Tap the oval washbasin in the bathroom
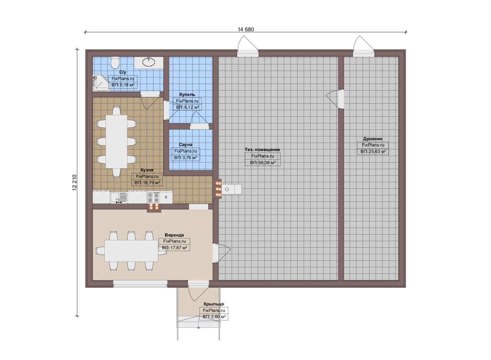pyautogui.click(x=149, y=62)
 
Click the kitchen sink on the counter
pyautogui.click(x=119, y=197)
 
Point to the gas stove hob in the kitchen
pyautogui.click(x=153, y=197)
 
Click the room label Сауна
pyautogui.click(x=186, y=145)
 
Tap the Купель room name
pyautogui.click(x=187, y=95)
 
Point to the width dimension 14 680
pyautogui.click(x=246, y=29)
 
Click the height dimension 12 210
pyautogui.click(x=75, y=183)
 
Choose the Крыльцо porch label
pyautogui.click(x=214, y=304)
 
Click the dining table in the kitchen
pyautogui.click(x=116, y=142)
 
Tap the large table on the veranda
pyautogui.click(x=131, y=251)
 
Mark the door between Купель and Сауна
pyautogui.click(x=199, y=121)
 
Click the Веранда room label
pyautogui.click(x=174, y=235)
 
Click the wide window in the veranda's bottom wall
pyautogui.click(x=140, y=284)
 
